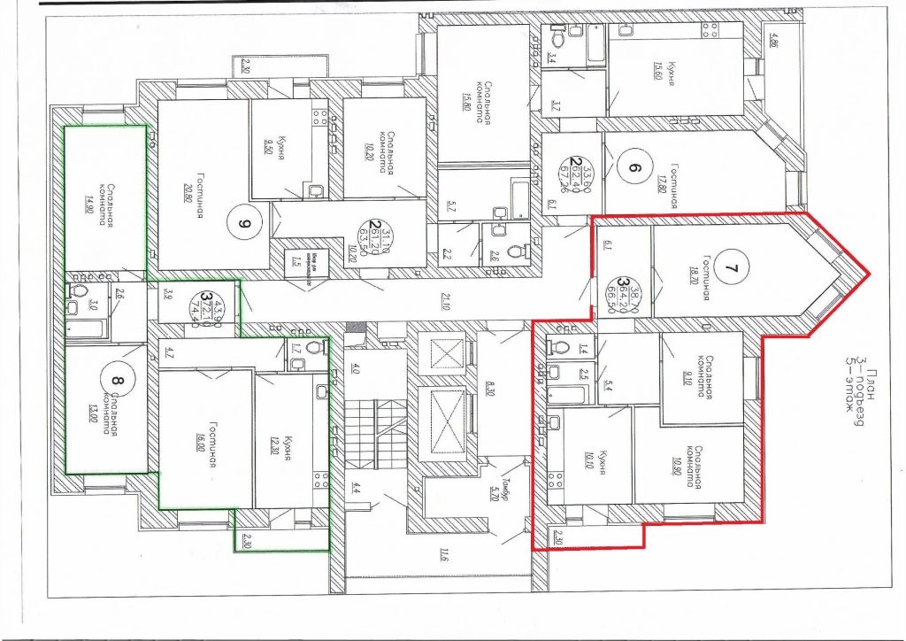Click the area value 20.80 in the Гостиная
pos(191,187)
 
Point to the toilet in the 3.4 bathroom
pos(557,37)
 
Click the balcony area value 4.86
pos(776,39)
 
